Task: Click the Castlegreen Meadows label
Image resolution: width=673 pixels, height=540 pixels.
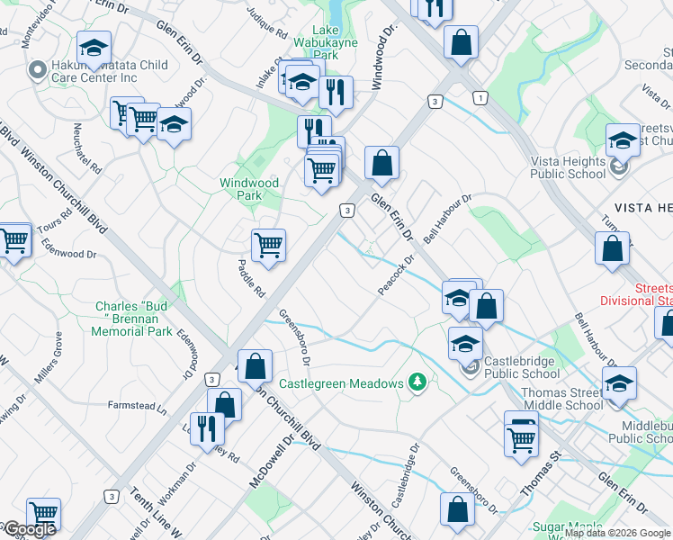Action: [341, 383]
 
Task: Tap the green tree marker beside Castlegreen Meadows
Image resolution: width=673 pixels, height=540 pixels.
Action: [417, 383]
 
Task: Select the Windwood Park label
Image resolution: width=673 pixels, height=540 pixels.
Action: [249, 189]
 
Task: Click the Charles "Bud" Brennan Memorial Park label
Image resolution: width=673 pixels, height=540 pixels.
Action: [133, 319]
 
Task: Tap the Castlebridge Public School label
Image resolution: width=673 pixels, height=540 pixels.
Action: [522, 367]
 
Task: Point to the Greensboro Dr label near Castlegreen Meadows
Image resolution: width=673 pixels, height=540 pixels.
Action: [294, 337]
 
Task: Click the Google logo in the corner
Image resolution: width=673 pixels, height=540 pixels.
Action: [30, 529]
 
